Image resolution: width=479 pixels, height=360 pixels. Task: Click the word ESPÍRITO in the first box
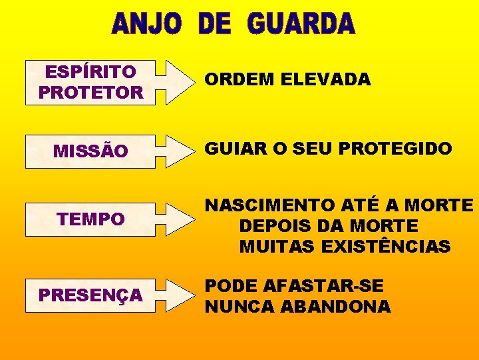pyautogui.click(x=90, y=71)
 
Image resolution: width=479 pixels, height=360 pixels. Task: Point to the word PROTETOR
pyautogui.click(x=90, y=93)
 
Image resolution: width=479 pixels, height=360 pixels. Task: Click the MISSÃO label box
pyautogui.click(x=90, y=151)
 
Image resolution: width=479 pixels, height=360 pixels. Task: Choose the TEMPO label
pyautogui.click(x=90, y=219)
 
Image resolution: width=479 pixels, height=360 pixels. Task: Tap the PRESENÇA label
pyautogui.click(x=90, y=294)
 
